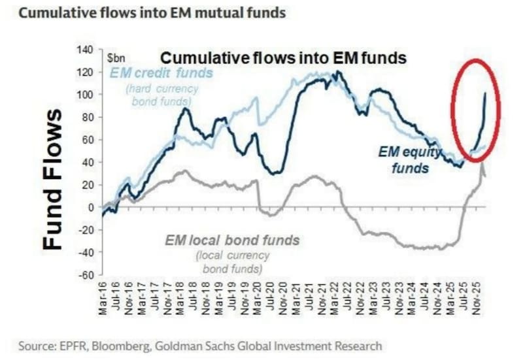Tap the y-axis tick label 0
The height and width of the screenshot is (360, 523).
pyautogui.click(x=92, y=207)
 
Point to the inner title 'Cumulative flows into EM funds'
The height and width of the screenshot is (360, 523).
pyautogui.click(x=284, y=58)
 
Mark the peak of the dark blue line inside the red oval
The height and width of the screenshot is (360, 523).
pyautogui.click(x=484, y=93)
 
